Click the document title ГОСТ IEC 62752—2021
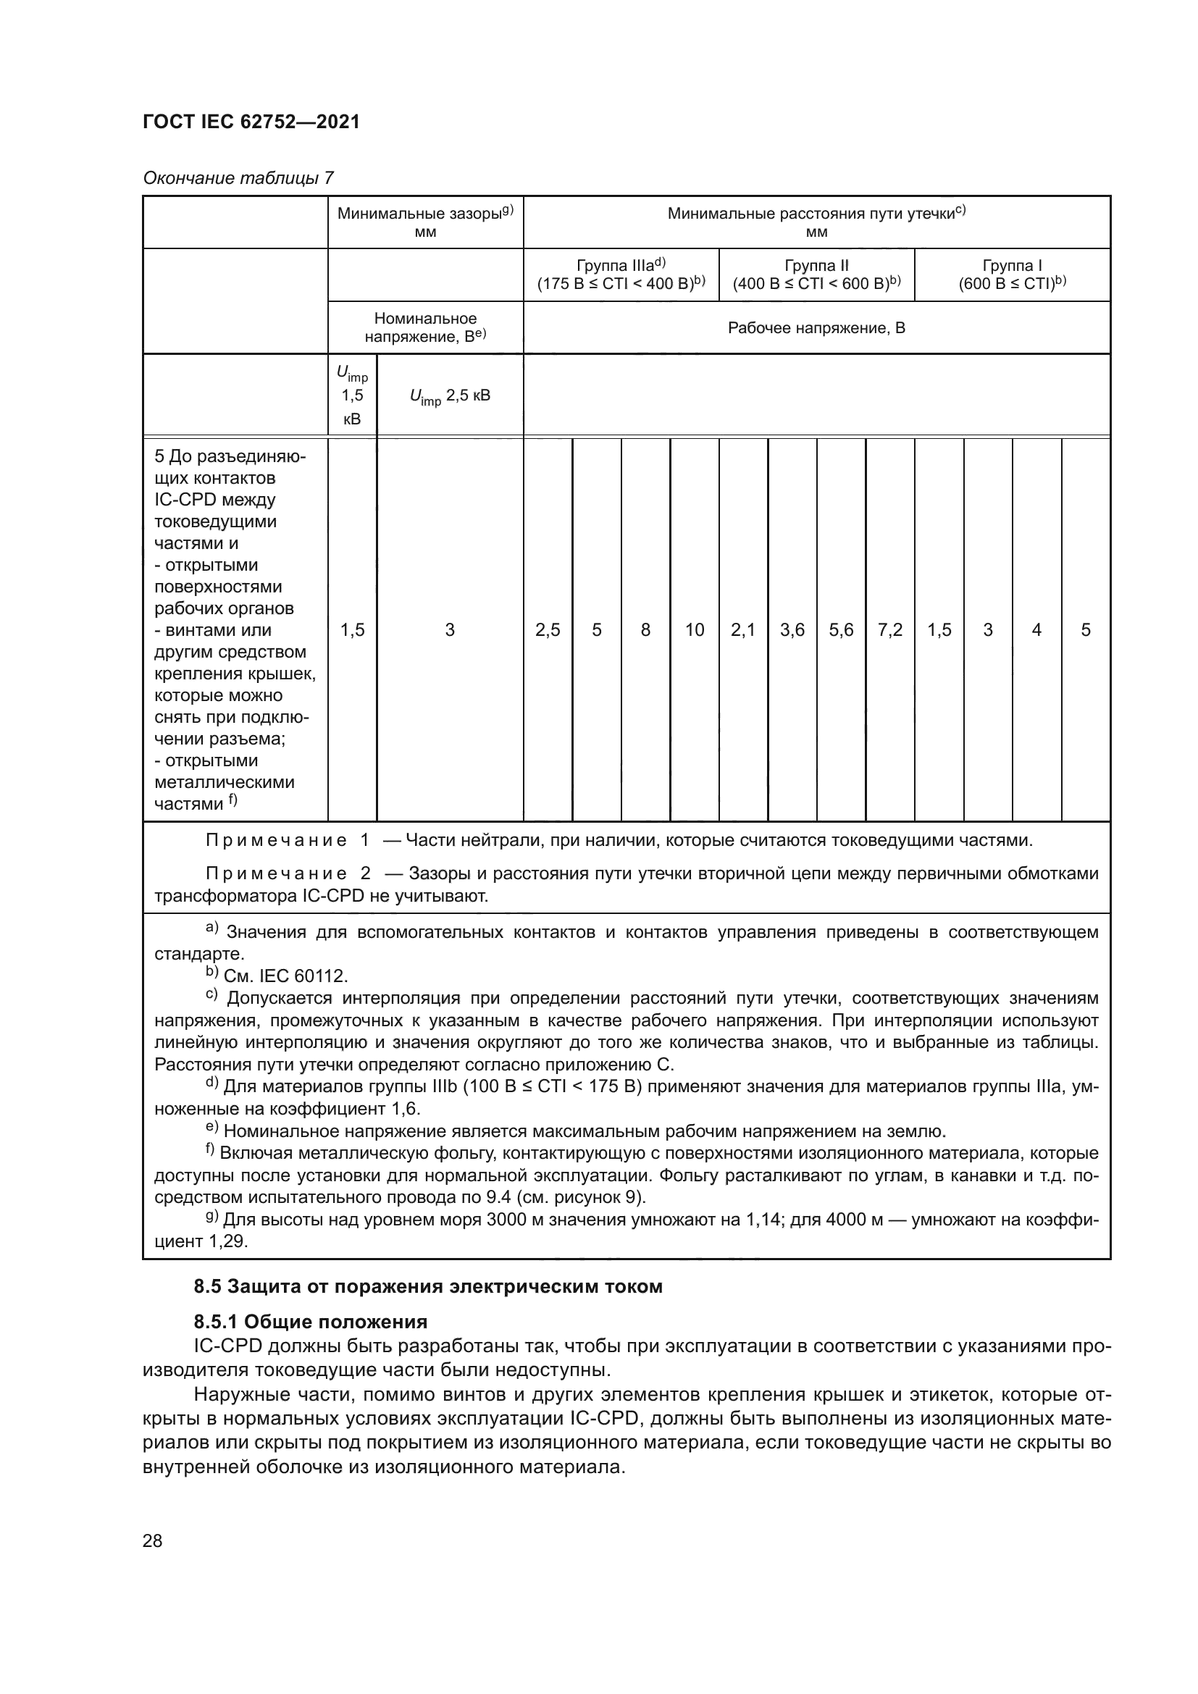click(x=251, y=122)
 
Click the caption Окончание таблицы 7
click(x=238, y=178)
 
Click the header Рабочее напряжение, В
click(x=816, y=327)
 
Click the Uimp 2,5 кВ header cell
click(x=449, y=395)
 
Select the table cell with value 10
click(x=694, y=630)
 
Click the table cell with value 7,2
click(x=889, y=630)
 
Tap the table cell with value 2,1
click(x=743, y=630)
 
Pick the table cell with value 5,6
click(x=841, y=630)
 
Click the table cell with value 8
click(x=645, y=630)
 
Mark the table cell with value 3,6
click(x=792, y=630)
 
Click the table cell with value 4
click(x=1036, y=630)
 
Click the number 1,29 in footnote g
click(x=228, y=1242)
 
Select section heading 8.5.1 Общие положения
click(x=310, y=1322)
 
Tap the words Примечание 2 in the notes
click(x=288, y=874)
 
